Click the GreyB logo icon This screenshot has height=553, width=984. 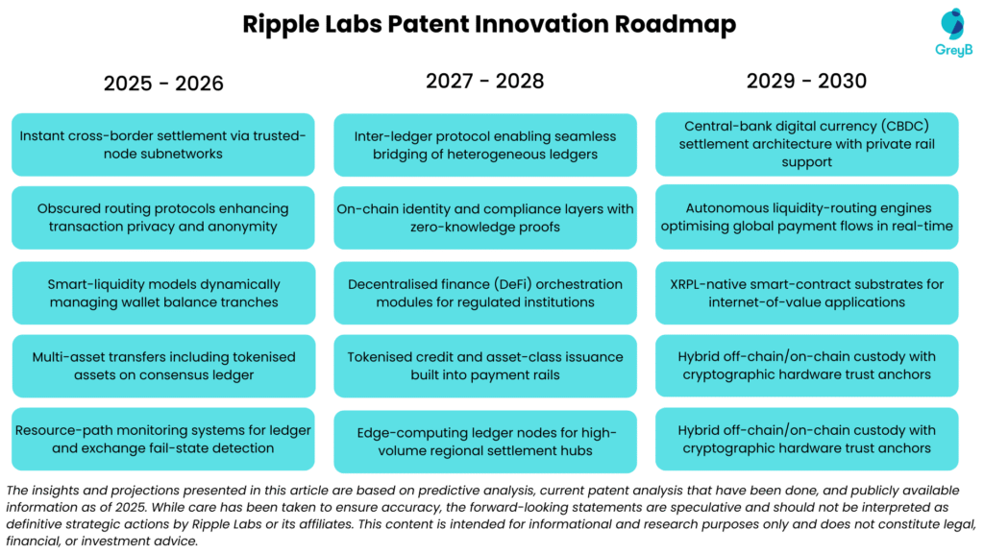pos(952,24)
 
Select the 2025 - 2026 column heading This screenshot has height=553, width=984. pos(163,84)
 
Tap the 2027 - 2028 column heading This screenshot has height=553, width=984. pos(484,81)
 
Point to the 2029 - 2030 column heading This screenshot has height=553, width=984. pos(806,81)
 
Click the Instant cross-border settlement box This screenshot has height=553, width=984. pos(163,145)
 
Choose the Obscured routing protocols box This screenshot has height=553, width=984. pos(163,217)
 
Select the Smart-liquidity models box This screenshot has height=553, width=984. pos(163,293)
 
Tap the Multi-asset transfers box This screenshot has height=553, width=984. pos(163,366)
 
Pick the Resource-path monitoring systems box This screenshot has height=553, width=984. pos(163,439)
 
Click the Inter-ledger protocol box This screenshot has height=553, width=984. pos(484,145)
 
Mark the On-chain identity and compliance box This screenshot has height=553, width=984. pos(484,217)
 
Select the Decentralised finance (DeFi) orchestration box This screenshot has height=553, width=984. pos(484,293)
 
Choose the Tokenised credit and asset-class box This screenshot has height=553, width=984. pos(484,366)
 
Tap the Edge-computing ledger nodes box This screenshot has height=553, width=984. pos(484,442)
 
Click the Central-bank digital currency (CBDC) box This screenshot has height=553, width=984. pos(806,144)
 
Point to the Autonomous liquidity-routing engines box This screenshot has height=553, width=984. pos(806,217)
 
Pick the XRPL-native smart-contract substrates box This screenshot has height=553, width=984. pos(806,293)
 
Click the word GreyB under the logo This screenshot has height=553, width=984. pos(953,50)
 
